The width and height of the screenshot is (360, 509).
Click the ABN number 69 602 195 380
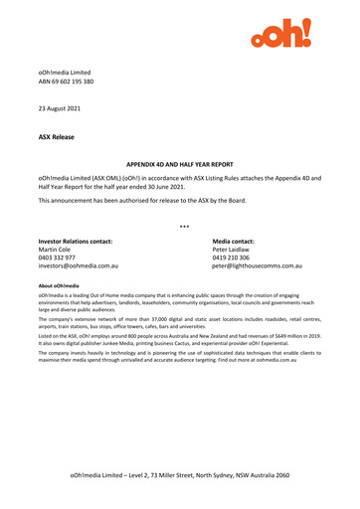pyautogui.click(x=79, y=85)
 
